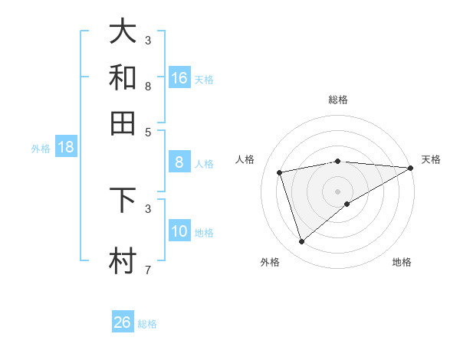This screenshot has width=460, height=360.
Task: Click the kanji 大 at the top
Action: pyautogui.click(x=123, y=31)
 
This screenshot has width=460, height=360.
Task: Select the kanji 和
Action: pyautogui.click(x=123, y=77)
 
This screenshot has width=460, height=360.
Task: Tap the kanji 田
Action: pyautogui.click(x=123, y=123)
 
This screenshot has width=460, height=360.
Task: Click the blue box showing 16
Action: pyautogui.click(x=179, y=77)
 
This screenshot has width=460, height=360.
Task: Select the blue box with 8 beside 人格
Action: pyautogui.click(x=179, y=162)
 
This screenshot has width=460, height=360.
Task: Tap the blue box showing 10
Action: pyautogui.click(x=179, y=231)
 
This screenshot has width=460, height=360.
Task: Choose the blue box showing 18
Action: pyautogui.click(x=66, y=147)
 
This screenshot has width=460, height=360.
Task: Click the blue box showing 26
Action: pyautogui.click(x=122, y=322)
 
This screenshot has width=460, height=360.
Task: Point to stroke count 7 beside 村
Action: pyautogui.click(x=147, y=270)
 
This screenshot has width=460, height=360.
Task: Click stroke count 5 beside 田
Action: pyautogui.click(x=147, y=131)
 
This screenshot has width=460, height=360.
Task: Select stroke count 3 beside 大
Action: pyautogui.click(x=147, y=40)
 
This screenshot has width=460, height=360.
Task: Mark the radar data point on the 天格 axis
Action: pyautogui.click(x=411, y=169)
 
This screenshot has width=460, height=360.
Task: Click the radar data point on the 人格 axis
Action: pyautogui.click(x=280, y=172)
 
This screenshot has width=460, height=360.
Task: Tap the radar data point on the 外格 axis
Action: pyautogui.click(x=301, y=242)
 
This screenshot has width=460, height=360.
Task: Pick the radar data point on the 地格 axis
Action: pyautogui.click(x=347, y=204)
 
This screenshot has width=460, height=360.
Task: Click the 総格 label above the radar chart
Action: pyautogui.click(x=338, y=100)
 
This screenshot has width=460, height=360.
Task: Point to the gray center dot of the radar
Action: pyautogui.click(x=338, y=191)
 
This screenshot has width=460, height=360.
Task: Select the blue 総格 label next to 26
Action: pyautogui.click(x=147, y=324)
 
